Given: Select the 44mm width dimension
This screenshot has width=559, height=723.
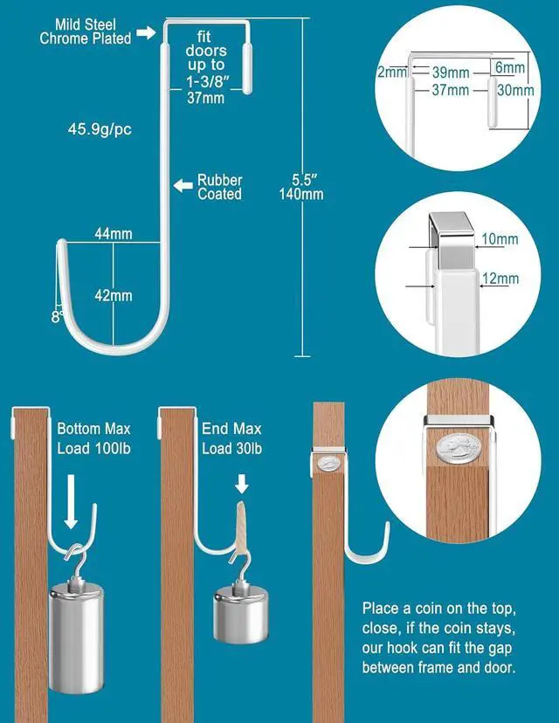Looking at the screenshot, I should click(x=114, y=234).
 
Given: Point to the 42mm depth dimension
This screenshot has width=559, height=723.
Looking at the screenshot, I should click(x=114, y=295).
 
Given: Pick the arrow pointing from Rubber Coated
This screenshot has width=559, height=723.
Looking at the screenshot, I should click(x=183, y=185).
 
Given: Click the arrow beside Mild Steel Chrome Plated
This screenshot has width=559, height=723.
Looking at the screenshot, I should click(x=146, y=33).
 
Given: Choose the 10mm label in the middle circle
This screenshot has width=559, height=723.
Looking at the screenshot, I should click(x=500, y=239).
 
